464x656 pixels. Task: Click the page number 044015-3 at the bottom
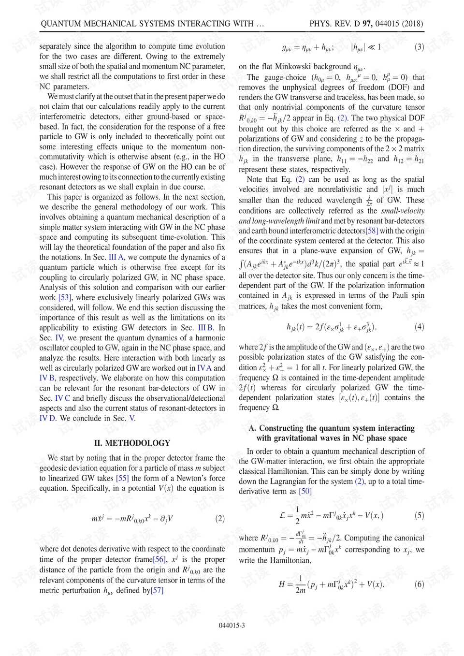[232, 626]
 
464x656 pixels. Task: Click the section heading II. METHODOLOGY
[132, 443]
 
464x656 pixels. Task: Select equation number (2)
[220, 519]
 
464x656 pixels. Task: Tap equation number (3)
[419, 47]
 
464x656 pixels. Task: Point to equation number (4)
[419, 327]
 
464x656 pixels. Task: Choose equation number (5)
[419, 515]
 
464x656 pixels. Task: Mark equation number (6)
[419, 584]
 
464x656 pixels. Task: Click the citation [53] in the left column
[65, 298]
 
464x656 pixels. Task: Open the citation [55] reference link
[122, 478]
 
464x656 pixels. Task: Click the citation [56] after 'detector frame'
[159, 559]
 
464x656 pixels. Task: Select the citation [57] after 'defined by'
[157, 590]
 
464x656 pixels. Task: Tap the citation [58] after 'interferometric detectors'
[372, 231]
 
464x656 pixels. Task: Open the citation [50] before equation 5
[305, 491]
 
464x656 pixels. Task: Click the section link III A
[116, 257]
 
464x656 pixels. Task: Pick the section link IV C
[62, 398]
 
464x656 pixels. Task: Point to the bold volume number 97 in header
[367, 24]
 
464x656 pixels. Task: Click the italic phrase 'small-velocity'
[403, 211]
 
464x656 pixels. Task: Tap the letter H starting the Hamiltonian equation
[282, 584]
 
